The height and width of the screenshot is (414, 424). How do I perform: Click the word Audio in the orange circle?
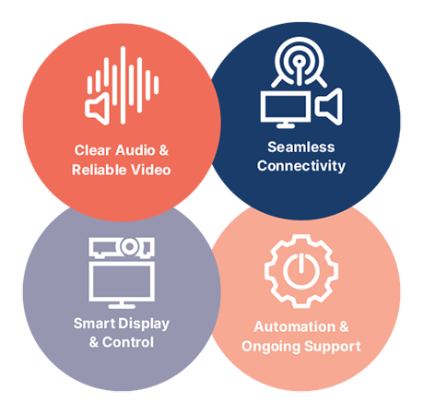[135, 150]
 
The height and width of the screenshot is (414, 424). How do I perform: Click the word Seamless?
[301, 147]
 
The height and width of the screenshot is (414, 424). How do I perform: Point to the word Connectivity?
[301, 166]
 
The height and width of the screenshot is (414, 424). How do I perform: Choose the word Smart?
[94, 324]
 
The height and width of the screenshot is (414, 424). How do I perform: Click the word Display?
[144, 324]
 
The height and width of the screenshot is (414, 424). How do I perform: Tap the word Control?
[128, 342]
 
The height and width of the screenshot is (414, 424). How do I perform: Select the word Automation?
[295, 326]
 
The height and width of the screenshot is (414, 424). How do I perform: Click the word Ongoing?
[271, 347]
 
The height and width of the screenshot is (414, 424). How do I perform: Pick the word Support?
[333, 347]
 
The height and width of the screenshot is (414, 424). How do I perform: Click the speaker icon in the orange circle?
[98, 109]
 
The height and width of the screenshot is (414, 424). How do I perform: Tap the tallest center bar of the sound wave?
[123, 85]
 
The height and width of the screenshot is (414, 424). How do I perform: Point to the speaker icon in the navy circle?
[329, 106]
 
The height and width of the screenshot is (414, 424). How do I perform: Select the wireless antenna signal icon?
[299, 62]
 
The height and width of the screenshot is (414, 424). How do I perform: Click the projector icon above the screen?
[122, 247]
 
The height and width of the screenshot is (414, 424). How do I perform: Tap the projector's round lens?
[130, 246]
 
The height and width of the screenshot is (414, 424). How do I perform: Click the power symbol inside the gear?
[301, 271]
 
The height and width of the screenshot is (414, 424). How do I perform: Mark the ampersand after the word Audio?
[164, 150]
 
